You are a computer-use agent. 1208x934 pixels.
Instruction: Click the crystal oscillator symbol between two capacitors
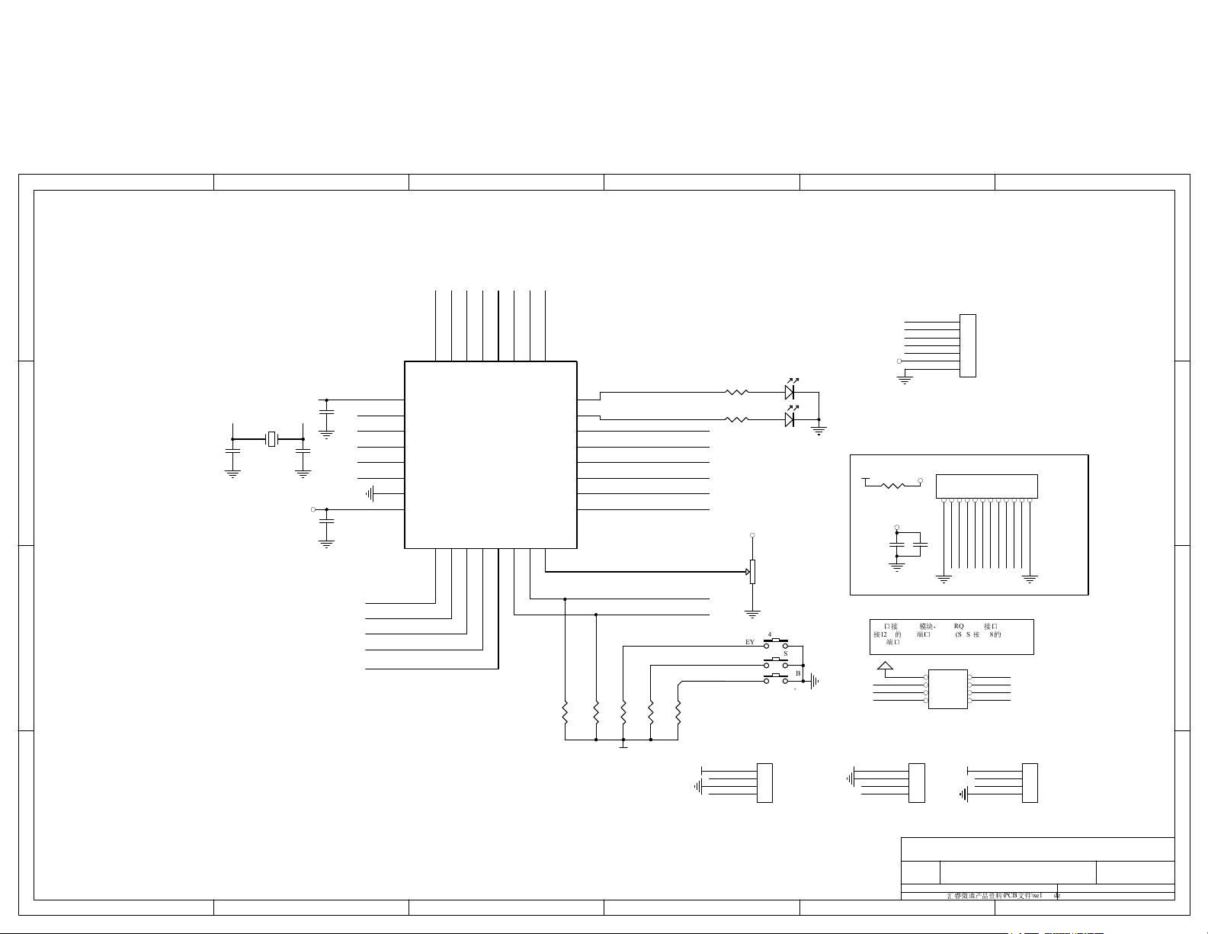click(271, 439)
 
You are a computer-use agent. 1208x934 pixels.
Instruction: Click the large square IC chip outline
click(490, 454)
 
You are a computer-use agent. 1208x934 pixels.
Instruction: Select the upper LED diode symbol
click(790, 392)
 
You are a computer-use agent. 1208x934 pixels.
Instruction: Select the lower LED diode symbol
click(790, 419)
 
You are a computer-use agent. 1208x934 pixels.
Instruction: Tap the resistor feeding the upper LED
click(736, 393)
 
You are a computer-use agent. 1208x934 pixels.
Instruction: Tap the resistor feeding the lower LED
click(736, 419)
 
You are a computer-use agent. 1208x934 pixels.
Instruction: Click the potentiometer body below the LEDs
click(752, 571)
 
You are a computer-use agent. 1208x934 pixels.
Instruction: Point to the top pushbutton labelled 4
click(776, 643)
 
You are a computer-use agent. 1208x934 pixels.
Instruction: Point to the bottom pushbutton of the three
click(776, 679)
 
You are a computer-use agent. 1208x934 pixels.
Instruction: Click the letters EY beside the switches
click(750, 643)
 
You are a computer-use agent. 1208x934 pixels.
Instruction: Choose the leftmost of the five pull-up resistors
click(565, 714)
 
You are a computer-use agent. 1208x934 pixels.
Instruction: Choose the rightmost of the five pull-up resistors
click(678, 714)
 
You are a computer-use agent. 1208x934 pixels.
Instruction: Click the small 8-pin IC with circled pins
click(948, 688)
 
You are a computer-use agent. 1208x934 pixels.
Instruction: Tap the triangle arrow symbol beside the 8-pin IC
click(885, 667)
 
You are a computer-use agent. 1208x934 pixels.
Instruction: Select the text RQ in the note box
click(959, 626)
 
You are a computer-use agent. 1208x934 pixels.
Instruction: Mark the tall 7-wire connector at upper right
click(967, 345)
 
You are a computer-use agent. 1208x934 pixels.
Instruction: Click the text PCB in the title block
click(1011, 895)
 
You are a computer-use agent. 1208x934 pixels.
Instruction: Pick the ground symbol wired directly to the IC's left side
click(370, 494)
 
